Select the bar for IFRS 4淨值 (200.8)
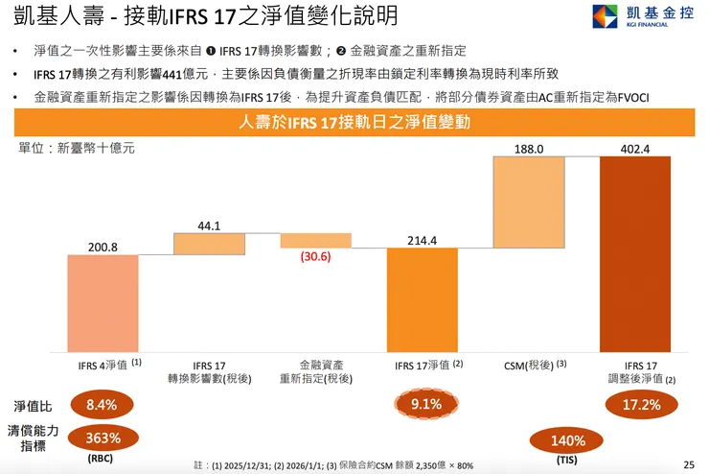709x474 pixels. (x=103, y=302)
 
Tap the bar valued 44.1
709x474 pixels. (x=209, y=244)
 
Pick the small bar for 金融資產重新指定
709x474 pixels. (x=315, y=241)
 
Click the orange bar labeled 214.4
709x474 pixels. (x=423, y=299)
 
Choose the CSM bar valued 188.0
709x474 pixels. (x=529, y=202)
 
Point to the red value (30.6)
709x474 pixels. (x=315, y=257)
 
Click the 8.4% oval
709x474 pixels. (x=101, y=405)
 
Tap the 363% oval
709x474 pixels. (x=101, y=438)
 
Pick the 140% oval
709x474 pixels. (x=567, y=440)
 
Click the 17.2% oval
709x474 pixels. (x=642, y=405)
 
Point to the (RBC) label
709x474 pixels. (x=101, y=459)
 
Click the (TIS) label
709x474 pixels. (x=567, y=461)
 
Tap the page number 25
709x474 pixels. (x=688, y=464)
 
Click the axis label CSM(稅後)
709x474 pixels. (x=530, y=365)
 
